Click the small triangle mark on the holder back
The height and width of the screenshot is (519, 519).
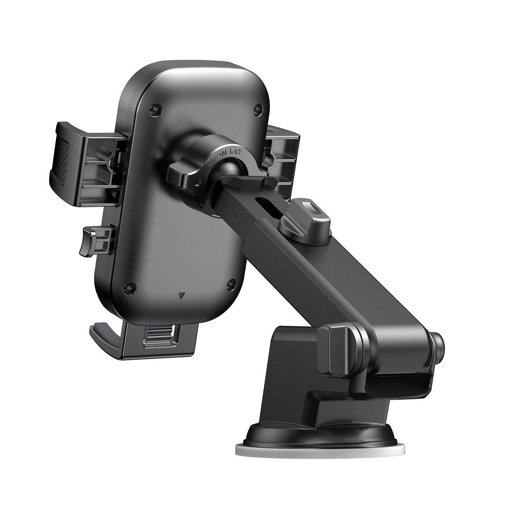click(x=180, y=295)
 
